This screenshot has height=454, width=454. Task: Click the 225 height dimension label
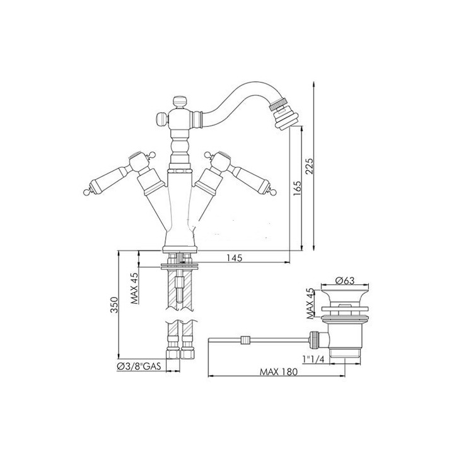click(x=309, y=166)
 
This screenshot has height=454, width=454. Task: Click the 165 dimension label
click(x=297, y=189)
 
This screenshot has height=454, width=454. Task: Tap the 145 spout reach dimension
click(x=234, y=258)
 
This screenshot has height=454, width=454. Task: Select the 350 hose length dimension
click(x=114, y=305)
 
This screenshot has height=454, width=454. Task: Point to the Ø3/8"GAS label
click(x=139, y=366)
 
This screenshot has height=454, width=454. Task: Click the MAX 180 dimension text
click(x=279, y=371)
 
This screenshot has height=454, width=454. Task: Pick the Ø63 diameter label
click(x=344, y=280)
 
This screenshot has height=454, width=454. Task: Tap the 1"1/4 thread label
click(x=313, y=359)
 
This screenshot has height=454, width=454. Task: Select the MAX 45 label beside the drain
click(x=310, y=304)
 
